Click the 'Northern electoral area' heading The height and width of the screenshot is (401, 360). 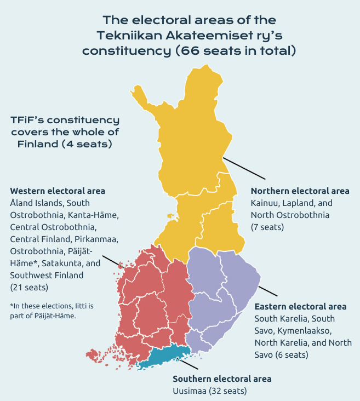click(x=300, y=191)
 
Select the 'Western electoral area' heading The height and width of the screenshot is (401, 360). click(x=58, y=191)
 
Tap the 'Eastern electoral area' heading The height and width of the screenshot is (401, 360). click(x=300, y=306)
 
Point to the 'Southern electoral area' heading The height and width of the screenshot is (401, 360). click(x=222, y=379)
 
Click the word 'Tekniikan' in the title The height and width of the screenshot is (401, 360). click(x=132, y=35)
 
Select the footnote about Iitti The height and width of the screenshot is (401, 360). click(x=44, y=311)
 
